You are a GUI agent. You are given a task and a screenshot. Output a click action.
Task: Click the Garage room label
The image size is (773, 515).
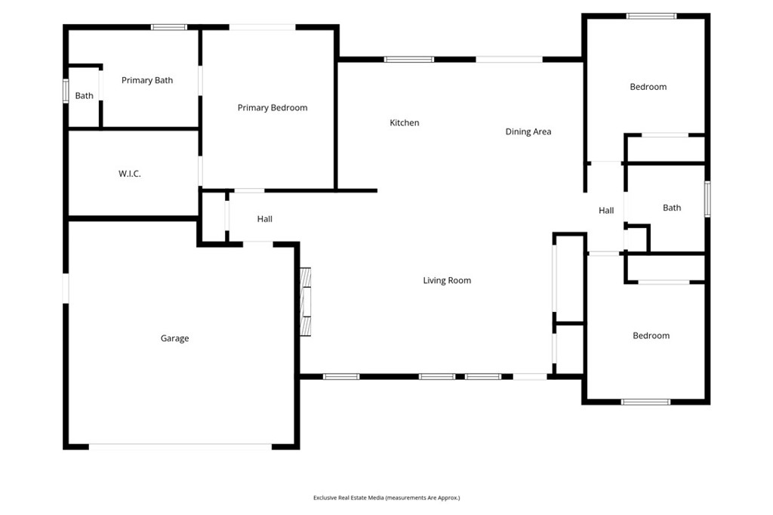(x=174, y=338)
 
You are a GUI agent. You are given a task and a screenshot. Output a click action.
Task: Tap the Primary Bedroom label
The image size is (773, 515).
(x=272, y=108)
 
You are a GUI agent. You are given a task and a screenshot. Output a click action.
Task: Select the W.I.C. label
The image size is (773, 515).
(x=130, y=174)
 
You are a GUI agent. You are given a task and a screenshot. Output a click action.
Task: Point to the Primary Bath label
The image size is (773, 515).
(x=147, y=80)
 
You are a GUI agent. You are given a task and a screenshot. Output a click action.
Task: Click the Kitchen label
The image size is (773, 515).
(x=405, y=123)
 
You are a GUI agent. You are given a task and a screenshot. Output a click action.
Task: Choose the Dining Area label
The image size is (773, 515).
(x=528, y=131)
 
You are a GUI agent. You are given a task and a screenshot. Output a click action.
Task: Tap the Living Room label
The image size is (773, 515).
(x=447, y=281)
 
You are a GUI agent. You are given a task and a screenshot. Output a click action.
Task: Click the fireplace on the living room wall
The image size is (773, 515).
(x=306, y=302)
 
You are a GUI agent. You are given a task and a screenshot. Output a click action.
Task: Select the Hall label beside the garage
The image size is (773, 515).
(x=265, y=219)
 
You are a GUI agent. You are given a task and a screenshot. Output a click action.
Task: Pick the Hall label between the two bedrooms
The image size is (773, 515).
(x=606, y=211)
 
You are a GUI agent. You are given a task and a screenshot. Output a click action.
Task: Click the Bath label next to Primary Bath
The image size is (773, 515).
(x=84, y=96)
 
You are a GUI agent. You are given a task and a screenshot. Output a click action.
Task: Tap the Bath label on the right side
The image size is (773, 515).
(x=671, y=208)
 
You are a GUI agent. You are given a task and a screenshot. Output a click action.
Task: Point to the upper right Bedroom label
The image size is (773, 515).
(x=648, y=87)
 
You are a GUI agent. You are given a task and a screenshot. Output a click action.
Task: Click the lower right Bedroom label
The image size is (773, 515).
(x=651, y=336)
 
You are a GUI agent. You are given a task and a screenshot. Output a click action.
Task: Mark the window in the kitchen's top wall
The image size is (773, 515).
(x=409, y=60)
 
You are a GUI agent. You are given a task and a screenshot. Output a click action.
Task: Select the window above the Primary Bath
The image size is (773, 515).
(x=169, y=27)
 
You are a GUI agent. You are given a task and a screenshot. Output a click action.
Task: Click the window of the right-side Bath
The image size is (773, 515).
(x=707, y=199)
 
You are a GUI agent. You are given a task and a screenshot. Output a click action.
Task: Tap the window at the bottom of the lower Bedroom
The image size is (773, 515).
(x=646, y=402)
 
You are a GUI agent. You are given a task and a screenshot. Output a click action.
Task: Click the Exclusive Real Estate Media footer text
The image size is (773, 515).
(x=386, y=498)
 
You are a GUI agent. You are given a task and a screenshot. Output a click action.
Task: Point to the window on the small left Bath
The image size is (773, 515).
(x=66, y=91)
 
